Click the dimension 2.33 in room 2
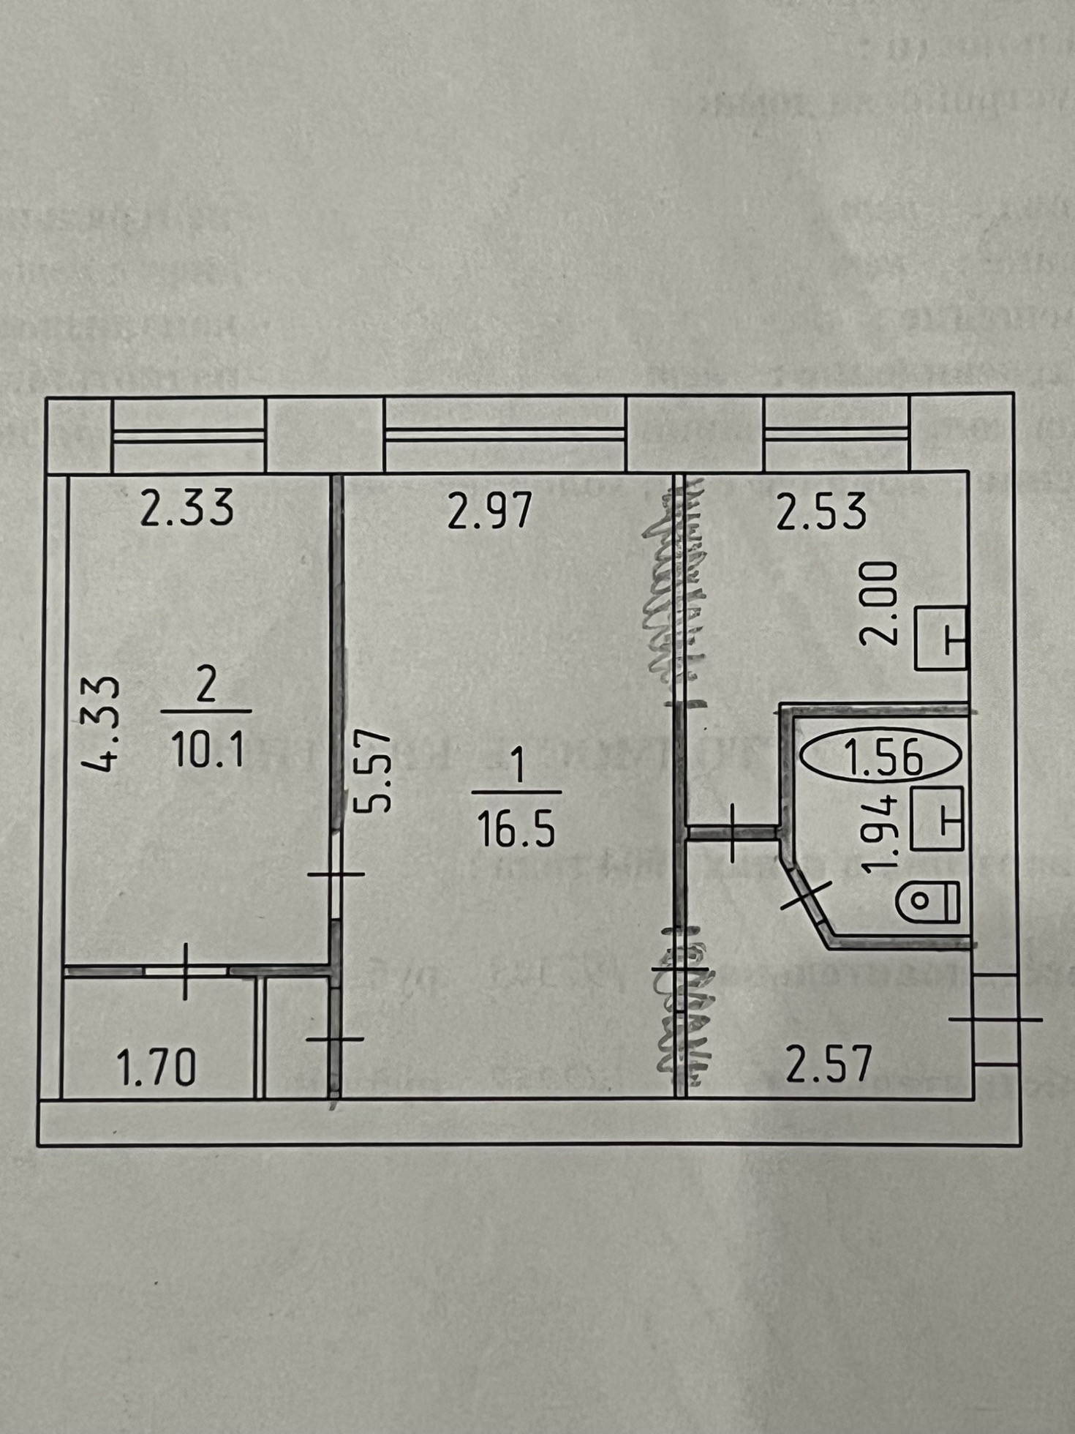pos(187,508)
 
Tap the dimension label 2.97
pos(489,511)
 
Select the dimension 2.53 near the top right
pos(821,511)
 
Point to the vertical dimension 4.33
pos(100,724)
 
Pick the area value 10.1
pos(206,750)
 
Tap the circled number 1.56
pos(882,757)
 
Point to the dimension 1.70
pos(156,1067)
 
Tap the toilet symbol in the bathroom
pos(928,901)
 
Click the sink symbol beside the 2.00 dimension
pos(941,638)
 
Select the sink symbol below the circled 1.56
pos(938,817)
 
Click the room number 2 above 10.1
pos(207,688)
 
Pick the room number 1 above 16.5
pos(518,768)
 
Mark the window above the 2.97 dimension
pos(505,434)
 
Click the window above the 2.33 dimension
pos(188,435)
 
